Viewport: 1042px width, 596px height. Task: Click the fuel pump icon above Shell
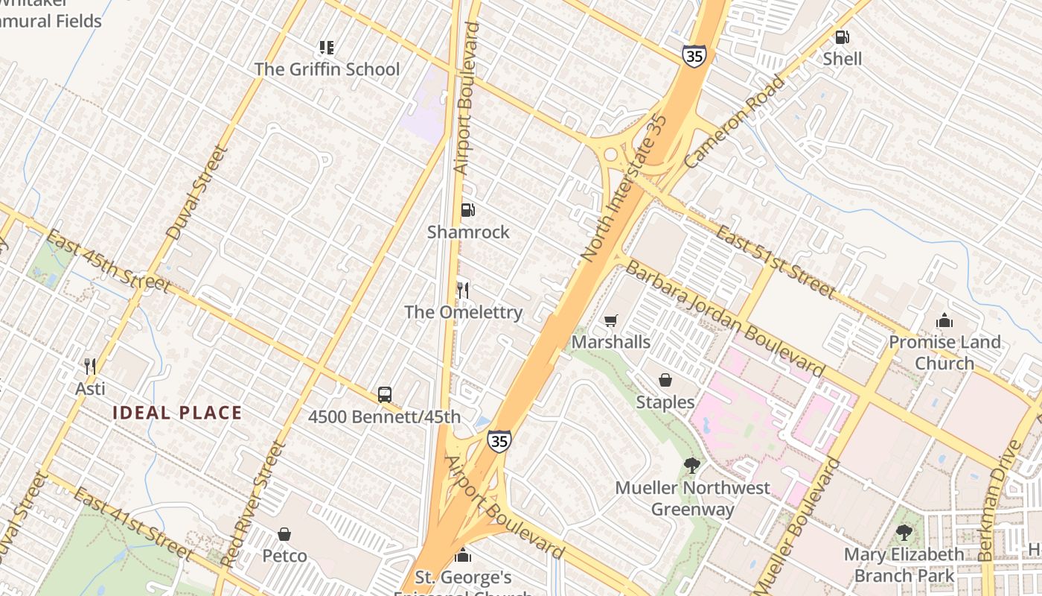842,37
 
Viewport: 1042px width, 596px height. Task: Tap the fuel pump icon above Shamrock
467,210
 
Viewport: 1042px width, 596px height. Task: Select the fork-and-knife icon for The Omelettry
463,290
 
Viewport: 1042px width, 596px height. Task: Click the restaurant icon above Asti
90,366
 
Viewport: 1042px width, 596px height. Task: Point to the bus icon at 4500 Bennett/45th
384,394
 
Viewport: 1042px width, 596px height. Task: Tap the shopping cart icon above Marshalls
610,320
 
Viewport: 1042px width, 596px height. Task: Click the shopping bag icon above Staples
665,380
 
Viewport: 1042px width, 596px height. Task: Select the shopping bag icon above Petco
284,534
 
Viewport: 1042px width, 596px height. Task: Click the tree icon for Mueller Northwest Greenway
691,466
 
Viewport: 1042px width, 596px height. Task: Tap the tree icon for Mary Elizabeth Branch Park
904,532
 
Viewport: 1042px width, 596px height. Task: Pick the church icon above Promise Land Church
944,320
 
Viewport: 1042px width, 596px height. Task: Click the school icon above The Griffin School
326,48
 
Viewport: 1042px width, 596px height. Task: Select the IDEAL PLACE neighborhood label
177,413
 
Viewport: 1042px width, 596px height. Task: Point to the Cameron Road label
734,121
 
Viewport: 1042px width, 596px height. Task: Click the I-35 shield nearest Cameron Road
693,56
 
